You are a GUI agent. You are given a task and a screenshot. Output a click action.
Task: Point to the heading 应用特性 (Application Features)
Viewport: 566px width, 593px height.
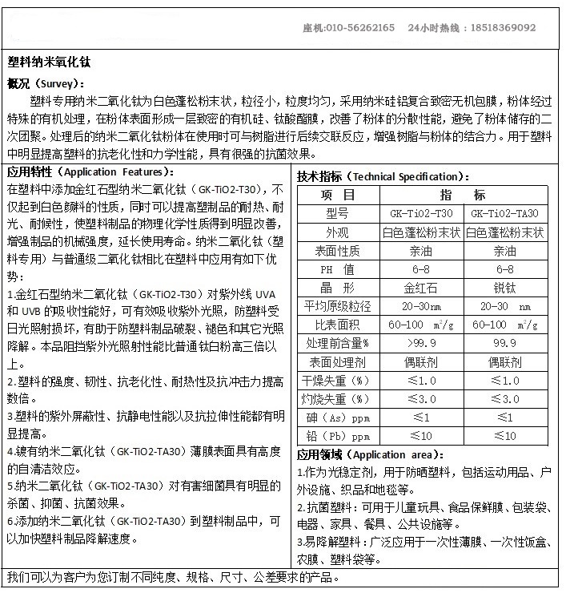coord(88,172)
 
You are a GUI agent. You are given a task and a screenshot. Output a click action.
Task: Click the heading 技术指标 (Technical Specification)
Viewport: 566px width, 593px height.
coord(383,176)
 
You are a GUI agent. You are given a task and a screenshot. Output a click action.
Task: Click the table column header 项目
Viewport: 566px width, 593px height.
coord(338,195)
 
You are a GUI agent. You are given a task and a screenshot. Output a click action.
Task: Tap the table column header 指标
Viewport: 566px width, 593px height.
coord(462,195)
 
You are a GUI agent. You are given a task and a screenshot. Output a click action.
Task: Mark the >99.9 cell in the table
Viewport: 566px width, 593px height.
coord(420,343)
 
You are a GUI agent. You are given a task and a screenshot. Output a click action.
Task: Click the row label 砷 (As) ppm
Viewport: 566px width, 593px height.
coord(338,418)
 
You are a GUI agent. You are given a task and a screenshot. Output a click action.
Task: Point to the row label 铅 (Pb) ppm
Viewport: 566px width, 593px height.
coord(338,436)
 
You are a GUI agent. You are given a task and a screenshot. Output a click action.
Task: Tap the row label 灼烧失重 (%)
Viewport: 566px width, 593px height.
coord(338,399)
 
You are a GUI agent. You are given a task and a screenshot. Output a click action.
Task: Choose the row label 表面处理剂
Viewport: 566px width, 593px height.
coord(338,361)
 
